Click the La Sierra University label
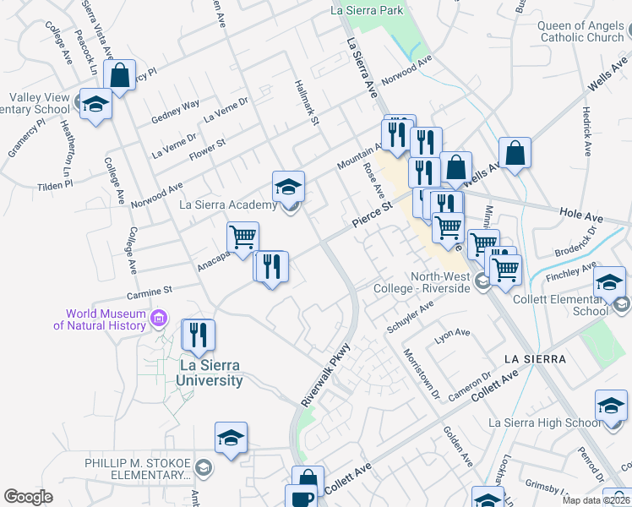point(209,373)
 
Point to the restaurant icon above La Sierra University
point(199,335)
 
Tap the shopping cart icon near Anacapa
point(242,237)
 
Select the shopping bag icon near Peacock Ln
point(121,74)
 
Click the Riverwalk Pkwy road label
point(326,373)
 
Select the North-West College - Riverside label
point(439,282)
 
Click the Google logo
point(28,497)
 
